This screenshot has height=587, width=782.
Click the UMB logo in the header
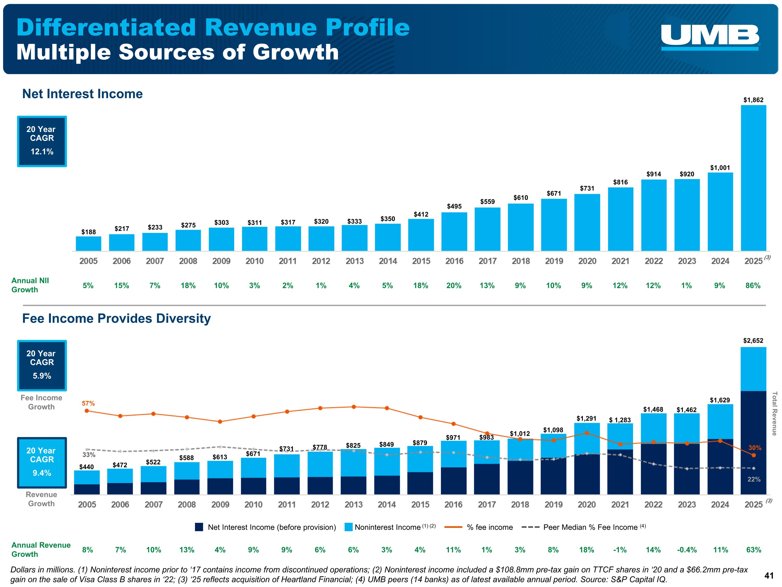point(710,37)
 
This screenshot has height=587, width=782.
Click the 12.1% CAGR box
point(42,141)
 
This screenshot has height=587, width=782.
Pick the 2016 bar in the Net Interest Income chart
point(454,231)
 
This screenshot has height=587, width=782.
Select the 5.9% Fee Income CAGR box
point(42,366)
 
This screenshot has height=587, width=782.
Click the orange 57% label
point(88,403)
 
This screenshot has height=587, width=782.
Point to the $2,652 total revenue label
point(753,341)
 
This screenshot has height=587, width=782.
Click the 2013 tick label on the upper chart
point(355,261)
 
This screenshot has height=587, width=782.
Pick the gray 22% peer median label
point(754,480)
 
